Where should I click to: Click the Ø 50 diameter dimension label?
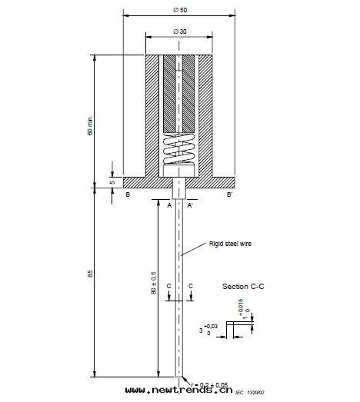[180, 8]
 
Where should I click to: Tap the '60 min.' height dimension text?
[90, 127]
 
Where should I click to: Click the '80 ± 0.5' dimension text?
[154, 282]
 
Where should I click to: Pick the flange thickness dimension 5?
[111, 183]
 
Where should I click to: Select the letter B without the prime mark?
[128, 196]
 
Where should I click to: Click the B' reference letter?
[229, 196]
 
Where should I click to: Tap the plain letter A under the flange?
[169, 205]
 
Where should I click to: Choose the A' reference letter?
[190, 205]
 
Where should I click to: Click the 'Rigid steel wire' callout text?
[230, 244]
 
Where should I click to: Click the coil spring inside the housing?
[179, 152]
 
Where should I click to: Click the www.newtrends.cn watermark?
[178, 391]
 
